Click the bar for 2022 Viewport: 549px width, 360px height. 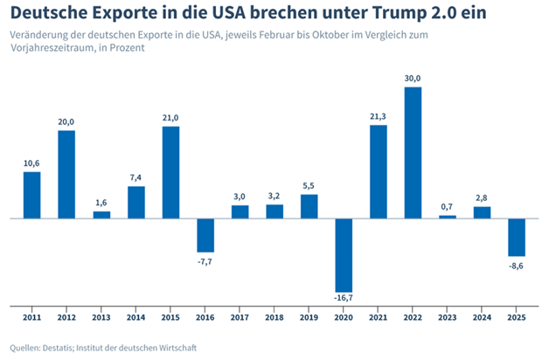(413, 153)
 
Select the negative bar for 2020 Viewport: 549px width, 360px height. (344, 255)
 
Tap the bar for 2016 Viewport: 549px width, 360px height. (205, 235)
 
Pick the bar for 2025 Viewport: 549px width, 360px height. (517, 238)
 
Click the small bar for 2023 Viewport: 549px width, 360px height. (448, 217)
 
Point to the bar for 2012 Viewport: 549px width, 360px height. (66, 175)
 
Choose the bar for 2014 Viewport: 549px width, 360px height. (136, 203)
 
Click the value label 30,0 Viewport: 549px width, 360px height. (413, 79)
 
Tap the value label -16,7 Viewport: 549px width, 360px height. (344, 298)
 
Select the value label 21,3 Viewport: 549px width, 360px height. (379, 117)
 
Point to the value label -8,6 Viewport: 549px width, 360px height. (516, 267)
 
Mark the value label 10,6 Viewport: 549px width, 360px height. (31, 163)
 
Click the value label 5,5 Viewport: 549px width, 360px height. (309, 186)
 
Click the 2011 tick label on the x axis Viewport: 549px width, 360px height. (31, 317)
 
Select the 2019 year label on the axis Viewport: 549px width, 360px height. (309, 317)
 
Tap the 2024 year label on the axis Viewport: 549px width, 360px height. (482, 317)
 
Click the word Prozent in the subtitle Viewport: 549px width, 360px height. (127, 47)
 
